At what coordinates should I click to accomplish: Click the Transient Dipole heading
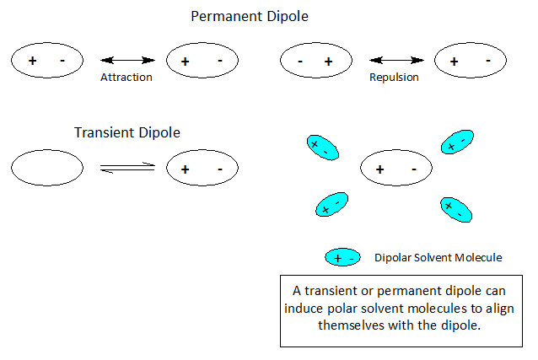[x=127, y=132]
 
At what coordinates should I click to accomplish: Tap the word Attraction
[x=126, y=77]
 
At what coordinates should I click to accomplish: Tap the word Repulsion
[x=394, y=77]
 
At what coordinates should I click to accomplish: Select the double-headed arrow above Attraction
[x=127, y=61]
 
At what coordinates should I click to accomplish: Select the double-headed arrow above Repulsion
[x=395, y=61]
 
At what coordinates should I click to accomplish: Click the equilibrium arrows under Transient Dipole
[x=127, y=169]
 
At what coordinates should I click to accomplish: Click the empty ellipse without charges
[x=47, y=169]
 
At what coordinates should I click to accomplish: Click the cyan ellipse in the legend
[x=342, y=257]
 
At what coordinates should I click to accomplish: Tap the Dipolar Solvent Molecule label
[x=438, y=257]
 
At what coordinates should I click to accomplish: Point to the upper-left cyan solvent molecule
[x=322, y=148]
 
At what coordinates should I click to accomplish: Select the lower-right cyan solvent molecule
[x=455, y=209]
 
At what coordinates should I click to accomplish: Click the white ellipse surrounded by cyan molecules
[x=396, y=169]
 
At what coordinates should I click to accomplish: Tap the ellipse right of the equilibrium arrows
[x=202, y=169]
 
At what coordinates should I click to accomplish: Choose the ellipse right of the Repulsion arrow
[x=471, y=62]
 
